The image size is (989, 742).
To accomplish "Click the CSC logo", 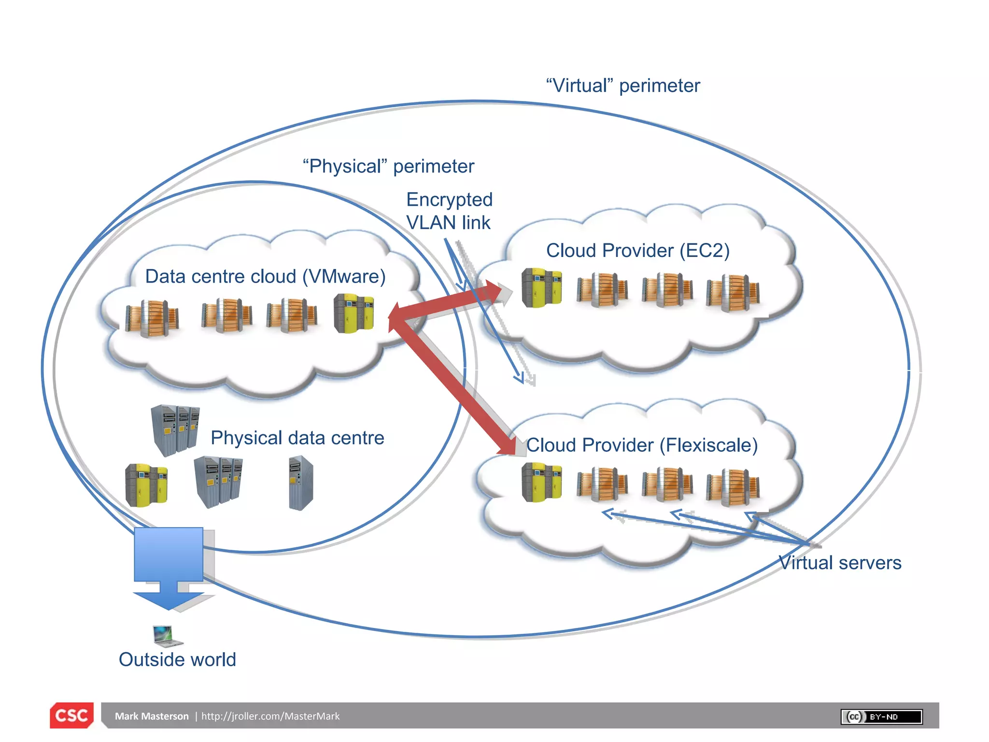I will pos(71,715).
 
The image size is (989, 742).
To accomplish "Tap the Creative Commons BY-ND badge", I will pos(881,716).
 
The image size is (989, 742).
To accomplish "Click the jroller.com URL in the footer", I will pos(270,716).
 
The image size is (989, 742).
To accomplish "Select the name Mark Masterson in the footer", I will pos(152,716).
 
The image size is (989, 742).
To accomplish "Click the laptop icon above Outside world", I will pos(166,636).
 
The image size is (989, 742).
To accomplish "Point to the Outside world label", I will pos(177,659).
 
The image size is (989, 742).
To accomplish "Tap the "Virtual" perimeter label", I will pos(622,86).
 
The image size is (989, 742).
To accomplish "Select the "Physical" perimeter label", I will pos(388,166).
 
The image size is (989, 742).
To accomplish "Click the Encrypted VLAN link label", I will pos(449,211).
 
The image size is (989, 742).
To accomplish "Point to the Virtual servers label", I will pos(840,563).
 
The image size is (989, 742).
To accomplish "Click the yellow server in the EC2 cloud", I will pos(541,288).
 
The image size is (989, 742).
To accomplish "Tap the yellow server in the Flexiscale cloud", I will pos(541,482).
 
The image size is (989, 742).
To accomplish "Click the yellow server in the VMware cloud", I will pos(353,314).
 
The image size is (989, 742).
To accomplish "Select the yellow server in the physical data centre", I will pos(146,485).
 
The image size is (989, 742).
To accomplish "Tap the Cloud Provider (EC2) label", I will pos(637,251).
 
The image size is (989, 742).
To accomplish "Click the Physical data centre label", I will pos(297,438).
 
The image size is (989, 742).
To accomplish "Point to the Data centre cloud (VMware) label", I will pos(265,276).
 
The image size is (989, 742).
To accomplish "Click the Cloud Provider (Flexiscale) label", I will pos(642,445).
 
